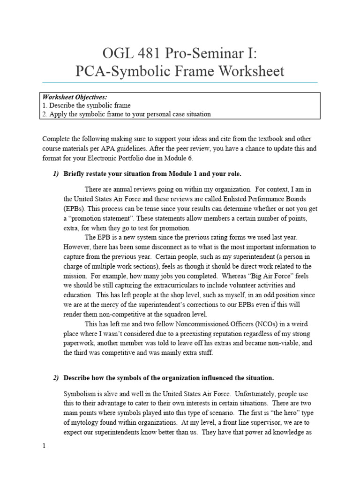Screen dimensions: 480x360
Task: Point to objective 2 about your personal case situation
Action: pyautogui.click(x=127, y=114)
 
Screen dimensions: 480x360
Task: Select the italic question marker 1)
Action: pyautogui.click(x=56, y=174)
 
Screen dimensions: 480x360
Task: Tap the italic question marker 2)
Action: pyautogui.click(x=56, y=377)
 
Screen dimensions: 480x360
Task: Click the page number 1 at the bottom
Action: pyautogui.click(x=44, y=446)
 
